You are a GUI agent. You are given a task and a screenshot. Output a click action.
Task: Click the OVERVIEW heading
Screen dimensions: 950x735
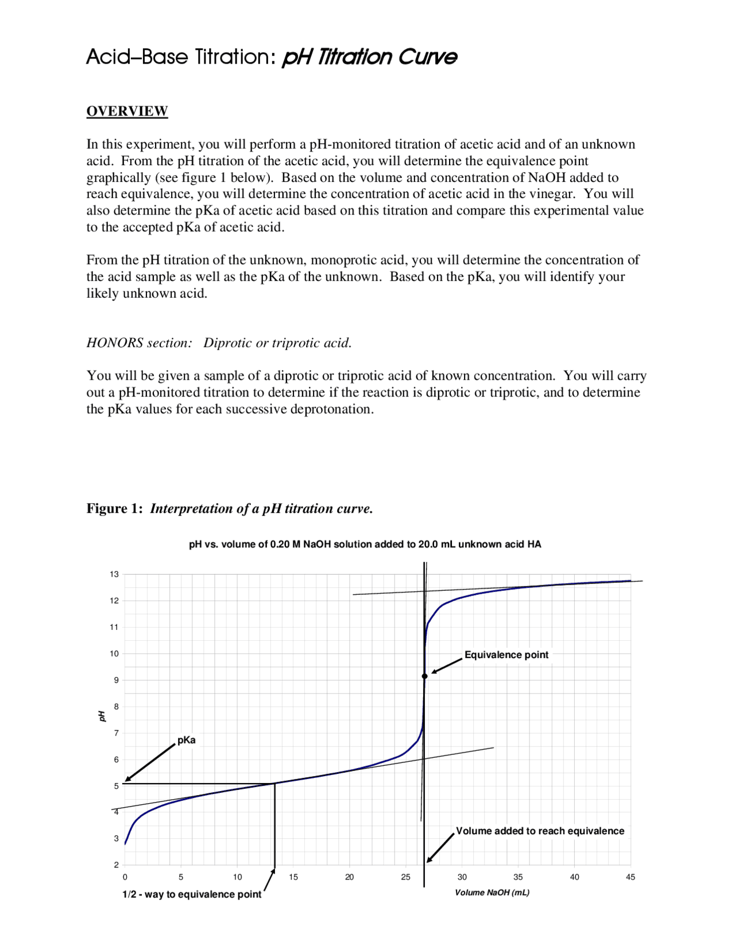point(127,111)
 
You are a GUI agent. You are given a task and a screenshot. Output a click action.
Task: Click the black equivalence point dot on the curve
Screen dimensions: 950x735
point(425,676)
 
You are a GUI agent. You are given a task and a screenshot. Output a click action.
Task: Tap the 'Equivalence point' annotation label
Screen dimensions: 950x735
point(506,655)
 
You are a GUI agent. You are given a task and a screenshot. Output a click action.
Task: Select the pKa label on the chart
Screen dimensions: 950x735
point(186,741)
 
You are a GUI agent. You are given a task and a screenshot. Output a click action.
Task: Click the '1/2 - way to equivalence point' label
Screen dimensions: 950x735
point(191,894)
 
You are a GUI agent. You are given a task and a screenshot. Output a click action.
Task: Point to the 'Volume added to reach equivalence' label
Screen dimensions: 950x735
point(540,831)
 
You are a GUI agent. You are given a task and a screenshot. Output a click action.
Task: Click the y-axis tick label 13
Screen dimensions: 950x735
point(114,574)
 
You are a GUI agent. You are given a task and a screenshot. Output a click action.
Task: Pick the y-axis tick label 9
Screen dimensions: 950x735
point(116,680)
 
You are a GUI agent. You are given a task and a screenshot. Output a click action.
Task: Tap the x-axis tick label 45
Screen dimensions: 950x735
point(630,877)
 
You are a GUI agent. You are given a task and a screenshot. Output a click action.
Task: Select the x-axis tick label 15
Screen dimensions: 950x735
point(293,877)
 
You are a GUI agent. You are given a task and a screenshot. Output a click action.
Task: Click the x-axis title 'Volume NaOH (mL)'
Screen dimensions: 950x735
point(492,893)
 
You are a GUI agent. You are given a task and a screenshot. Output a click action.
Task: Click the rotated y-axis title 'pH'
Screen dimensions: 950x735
point(102,716)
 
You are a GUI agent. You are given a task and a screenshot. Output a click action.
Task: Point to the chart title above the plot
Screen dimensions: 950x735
point(365,544)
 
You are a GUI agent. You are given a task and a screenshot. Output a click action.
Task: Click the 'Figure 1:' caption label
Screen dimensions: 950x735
point(114,509)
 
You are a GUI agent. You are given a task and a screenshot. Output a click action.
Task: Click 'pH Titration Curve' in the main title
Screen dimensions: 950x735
point(369,57)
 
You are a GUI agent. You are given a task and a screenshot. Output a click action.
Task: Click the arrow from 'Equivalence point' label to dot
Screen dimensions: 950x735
point(447,665)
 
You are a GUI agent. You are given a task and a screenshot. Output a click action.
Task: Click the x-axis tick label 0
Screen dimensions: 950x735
point(125,877)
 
